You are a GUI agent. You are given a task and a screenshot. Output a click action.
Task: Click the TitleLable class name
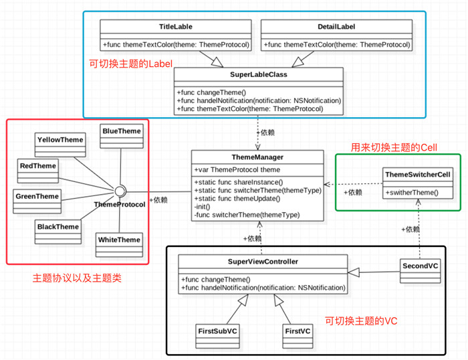[177, 27]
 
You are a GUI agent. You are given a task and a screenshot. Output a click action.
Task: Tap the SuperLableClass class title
[259, 74]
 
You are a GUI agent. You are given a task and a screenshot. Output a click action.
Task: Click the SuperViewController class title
[262, 261]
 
